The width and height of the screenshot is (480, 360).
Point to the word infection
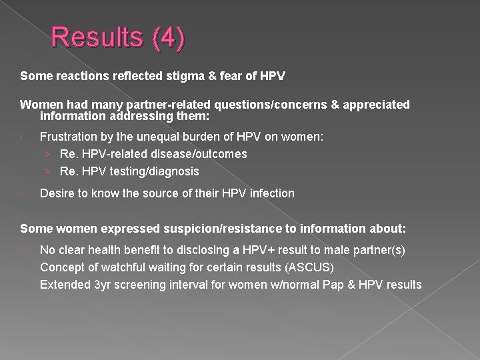271,193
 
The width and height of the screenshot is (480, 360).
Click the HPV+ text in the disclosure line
233,250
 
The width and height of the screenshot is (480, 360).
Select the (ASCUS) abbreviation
311,267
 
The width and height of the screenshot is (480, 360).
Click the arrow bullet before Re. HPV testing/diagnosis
49,171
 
